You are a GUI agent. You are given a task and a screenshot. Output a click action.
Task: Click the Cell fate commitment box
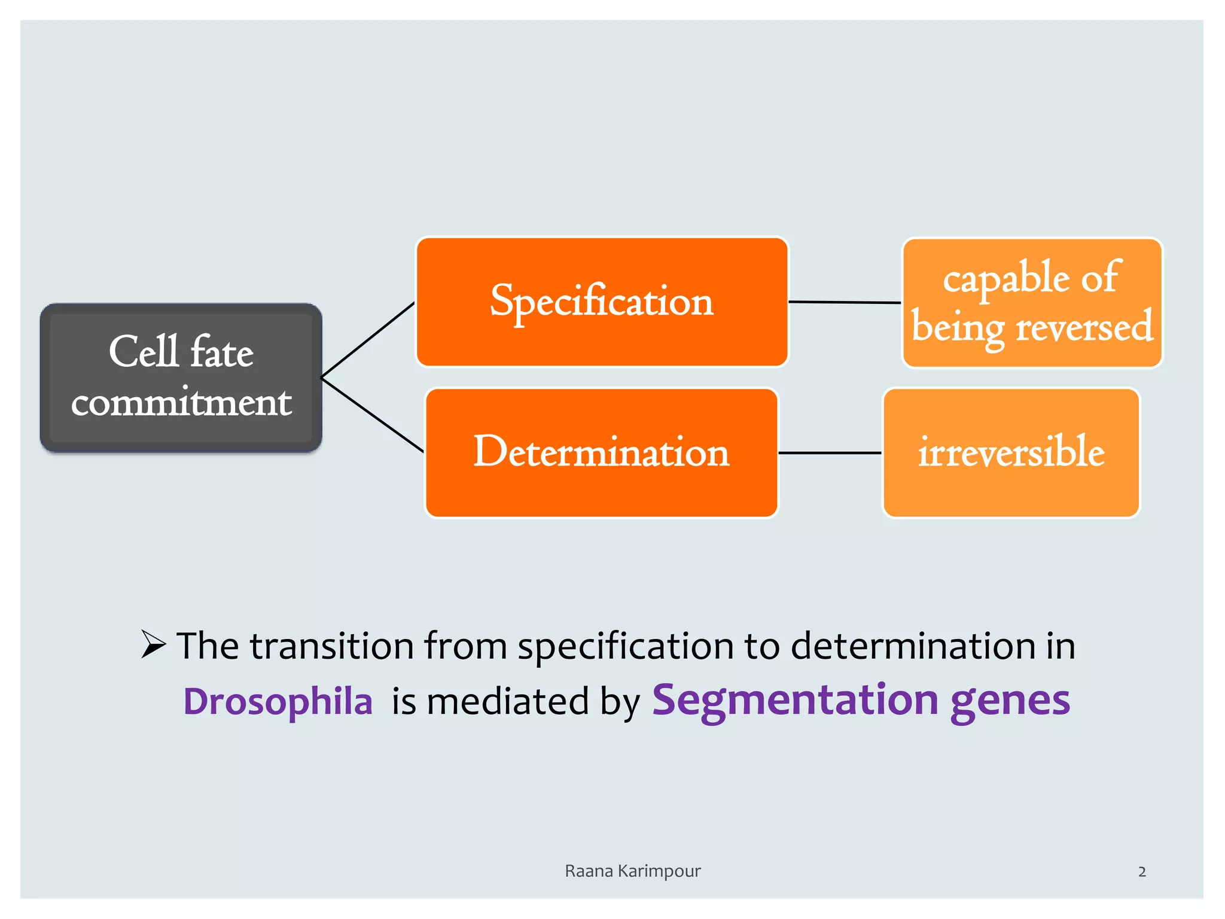tap(181, 377)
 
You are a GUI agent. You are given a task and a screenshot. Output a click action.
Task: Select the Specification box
tap(602, 302)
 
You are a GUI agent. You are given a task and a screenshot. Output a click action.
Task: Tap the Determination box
tap(601, 452)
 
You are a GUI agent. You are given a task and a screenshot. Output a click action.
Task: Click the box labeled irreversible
tap(1011, 452)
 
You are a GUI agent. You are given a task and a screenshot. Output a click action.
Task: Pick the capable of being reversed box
tap(1032, 303)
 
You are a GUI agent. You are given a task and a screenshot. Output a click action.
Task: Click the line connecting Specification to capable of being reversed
tap(845, 302)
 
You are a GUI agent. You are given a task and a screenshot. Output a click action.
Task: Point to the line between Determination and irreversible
tap(830, 453)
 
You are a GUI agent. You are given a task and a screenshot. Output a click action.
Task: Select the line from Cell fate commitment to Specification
tap(368, 339)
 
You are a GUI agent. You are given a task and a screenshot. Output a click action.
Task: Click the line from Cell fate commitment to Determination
tap(372, 415)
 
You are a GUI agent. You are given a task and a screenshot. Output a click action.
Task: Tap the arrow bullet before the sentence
tap(154, 644)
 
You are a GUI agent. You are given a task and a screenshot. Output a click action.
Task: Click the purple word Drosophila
tap(278, 701)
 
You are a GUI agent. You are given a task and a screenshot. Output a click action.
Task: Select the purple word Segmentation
tap(795, 700)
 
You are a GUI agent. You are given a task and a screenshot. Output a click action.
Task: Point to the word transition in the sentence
tap(332, 646)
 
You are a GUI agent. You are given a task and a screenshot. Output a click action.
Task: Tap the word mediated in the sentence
tap(508, 701)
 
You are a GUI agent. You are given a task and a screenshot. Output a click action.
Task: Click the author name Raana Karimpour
tap(632, 871)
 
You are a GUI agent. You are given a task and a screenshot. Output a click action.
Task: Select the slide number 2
tap(1142, 872)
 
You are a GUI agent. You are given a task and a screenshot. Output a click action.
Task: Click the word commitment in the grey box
tap(181, 402)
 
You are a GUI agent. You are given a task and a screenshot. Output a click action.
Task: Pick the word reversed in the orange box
tap(1084, 328)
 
